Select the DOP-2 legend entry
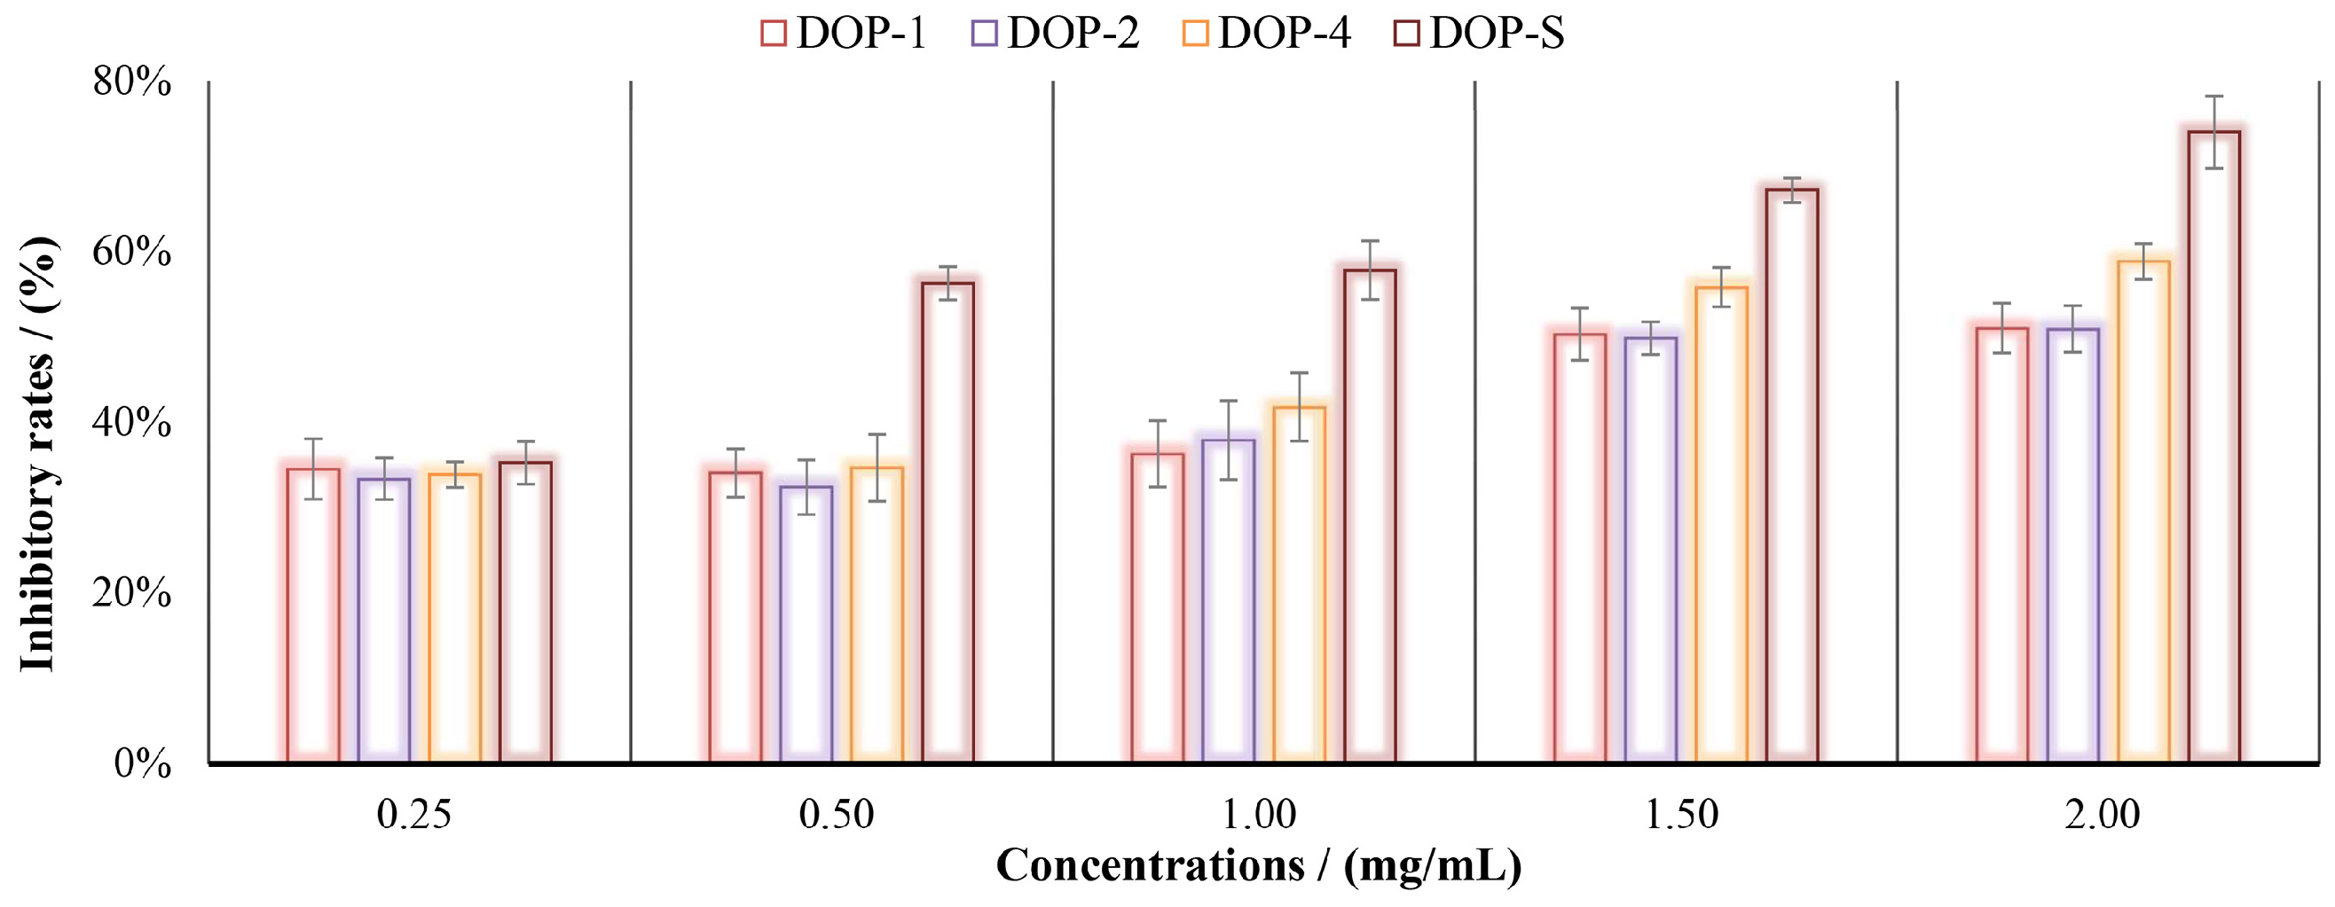click(1056, 34)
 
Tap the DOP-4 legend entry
click(1267, 34)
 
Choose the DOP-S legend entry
click(1479, 34)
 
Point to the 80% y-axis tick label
click(132, 82)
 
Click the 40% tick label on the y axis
click(132, 423)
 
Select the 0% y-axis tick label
click(142, 764)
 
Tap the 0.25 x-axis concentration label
click(414, 815)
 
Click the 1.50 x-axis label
click(1681, 815)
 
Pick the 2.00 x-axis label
click(2103, 815)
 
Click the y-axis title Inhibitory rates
click(38, 453)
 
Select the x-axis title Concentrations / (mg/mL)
click(1258, 865)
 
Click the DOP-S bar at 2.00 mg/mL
click(2213, 444)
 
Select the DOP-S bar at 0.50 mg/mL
click(948, 521)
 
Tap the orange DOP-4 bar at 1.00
click(1299, 584)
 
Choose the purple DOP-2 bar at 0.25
click(384, 621)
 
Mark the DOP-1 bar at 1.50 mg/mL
click(1580, 548)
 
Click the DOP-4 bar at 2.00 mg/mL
click(2143, 512)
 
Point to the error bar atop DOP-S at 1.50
click(1792, 191)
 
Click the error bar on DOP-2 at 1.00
click(1228, 440)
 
